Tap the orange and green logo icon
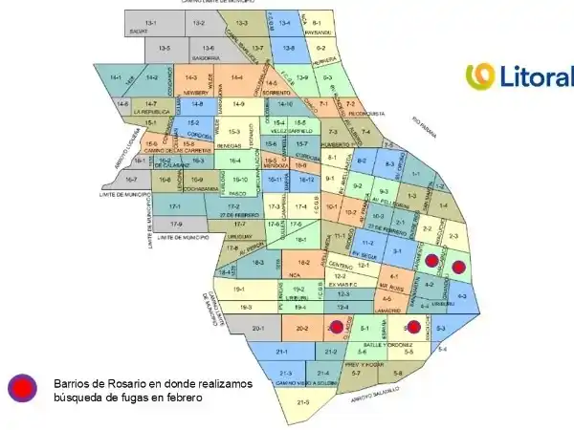point(479,75)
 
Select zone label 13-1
point(150,22)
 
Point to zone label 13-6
point(209,48)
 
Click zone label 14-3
point(191,77)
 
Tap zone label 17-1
point(175,206)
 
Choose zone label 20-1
point(257,328)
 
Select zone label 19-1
point(239,289)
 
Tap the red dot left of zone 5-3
point(413,328)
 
